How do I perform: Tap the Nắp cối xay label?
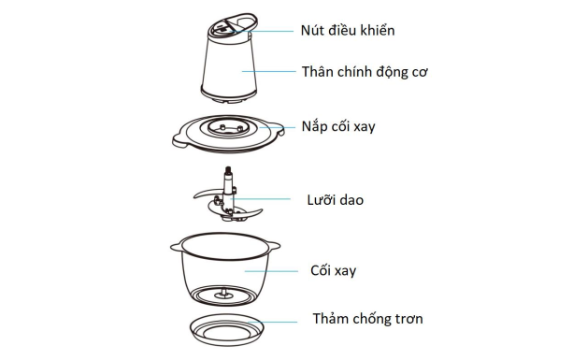[337, 125]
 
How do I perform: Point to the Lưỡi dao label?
[335, 199]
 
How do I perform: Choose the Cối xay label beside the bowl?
[333, 270]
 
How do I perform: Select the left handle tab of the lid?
[179, 140]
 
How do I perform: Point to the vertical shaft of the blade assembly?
[226, 181]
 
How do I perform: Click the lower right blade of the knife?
[246, 214]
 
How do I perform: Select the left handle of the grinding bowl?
[177, 246]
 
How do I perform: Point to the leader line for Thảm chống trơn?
[280, 321]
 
